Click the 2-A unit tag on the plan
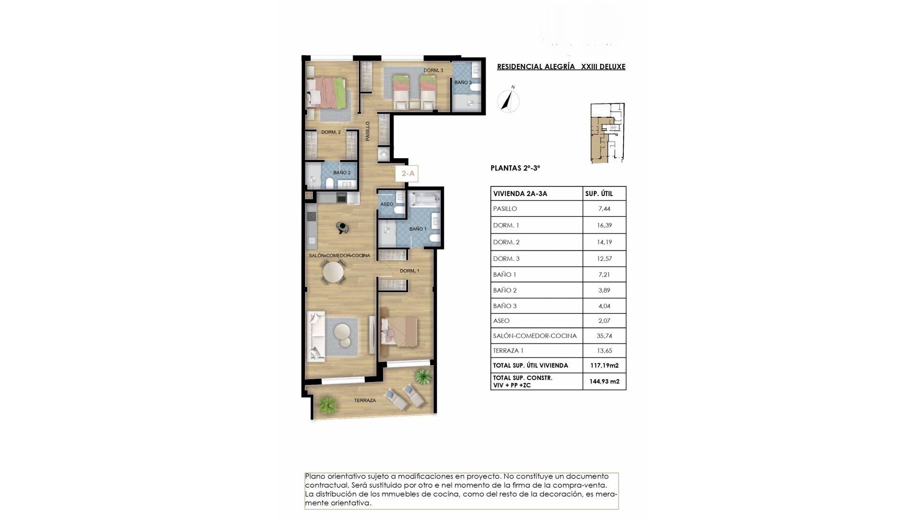click(x=408, y=173)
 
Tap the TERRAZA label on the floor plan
click(x=365, y=400)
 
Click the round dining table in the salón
click(x=333, y=272)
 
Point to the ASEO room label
click(x=387, y=204)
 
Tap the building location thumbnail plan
click(x=607, y=133)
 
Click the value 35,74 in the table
click(x=604, y=336)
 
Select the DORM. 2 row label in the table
click(x=506, y=242)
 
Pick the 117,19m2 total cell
click(x=604, y=365)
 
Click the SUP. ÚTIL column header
click(x=599, y=194)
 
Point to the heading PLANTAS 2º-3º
click(x=515, y=168)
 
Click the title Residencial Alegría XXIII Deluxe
click(x=561, y=67)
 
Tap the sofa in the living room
click(x=317, y=336)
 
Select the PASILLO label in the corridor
click(x=368, y=131)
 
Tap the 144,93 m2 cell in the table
click(x=604, y=382)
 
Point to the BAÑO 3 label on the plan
click(x=463, y=82)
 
